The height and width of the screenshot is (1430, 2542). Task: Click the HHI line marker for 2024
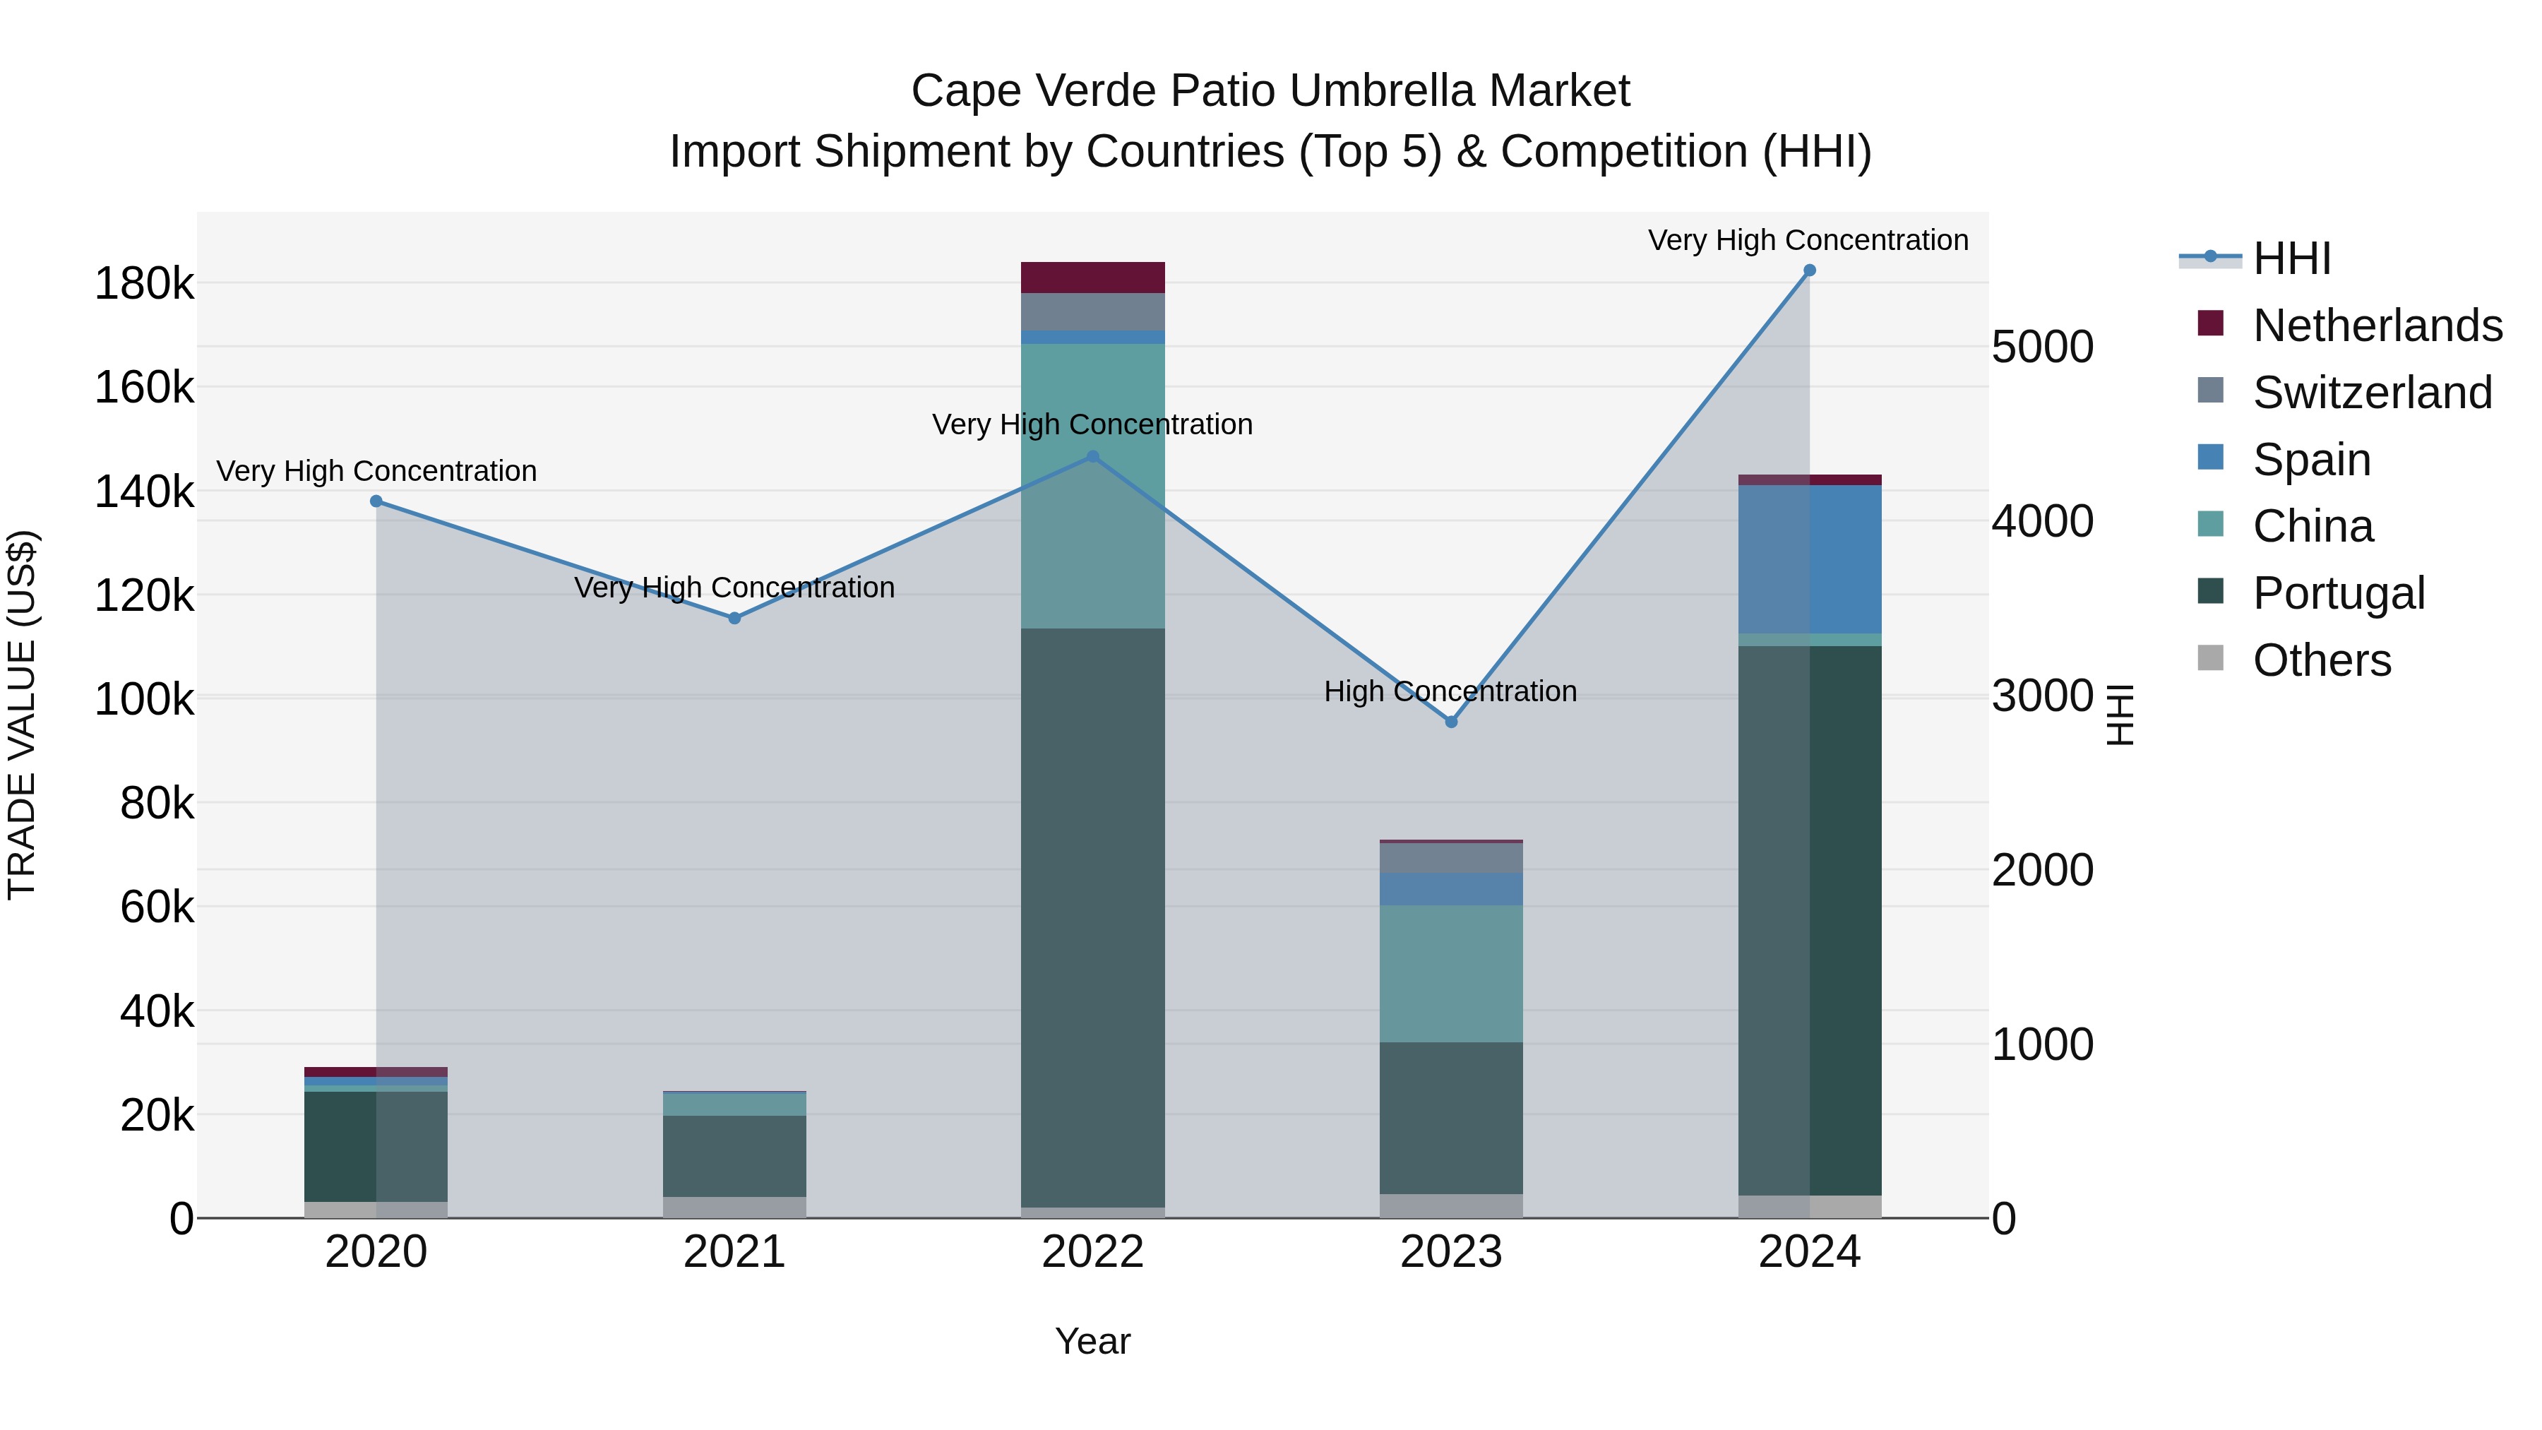[x=1809, y=270]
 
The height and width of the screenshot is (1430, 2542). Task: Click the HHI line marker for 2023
[x=1450, y=722]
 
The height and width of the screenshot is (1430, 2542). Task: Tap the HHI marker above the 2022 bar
[x=1092, y=457]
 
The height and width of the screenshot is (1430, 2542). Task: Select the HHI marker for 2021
[x=734, y=619]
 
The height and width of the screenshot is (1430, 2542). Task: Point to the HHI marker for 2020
[x=376, y=501]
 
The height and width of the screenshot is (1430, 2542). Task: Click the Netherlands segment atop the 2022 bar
[x=1092, y=278]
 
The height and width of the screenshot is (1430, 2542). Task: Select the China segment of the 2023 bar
[x=1450, y=973]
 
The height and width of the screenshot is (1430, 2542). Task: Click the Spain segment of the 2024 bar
[x=1809, y=559]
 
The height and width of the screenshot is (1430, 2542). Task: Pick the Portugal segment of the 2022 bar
[x=1092, y=918]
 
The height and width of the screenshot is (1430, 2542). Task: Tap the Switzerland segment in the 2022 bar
[x=1092, y=312]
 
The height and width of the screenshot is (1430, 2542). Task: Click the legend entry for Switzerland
[x=2373, y=393]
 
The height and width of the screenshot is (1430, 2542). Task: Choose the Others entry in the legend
[x=2321, y=660]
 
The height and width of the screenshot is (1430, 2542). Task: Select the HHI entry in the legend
[x=2291, y=258]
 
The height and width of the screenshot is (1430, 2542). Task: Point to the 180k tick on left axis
[x=144, y=284]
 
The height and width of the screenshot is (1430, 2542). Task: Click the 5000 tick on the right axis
[x=2041, y=347]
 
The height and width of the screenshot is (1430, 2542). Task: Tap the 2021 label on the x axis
[x=734, y=1252]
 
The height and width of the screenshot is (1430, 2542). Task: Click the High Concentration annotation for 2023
[x=1450, y=691]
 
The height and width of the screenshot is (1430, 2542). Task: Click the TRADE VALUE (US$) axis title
[x=22, y=715]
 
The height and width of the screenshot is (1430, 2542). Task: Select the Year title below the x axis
[x=1092, y=1341]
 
